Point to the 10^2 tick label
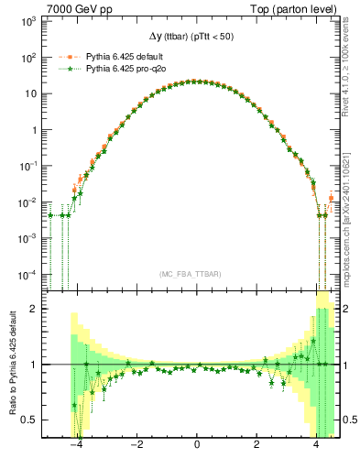(36, 57)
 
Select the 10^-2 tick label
(35, 202)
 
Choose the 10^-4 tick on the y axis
(35, 274)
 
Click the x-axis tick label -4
(77, 445)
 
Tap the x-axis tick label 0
(197, 445)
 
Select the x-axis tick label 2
(256, 445)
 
